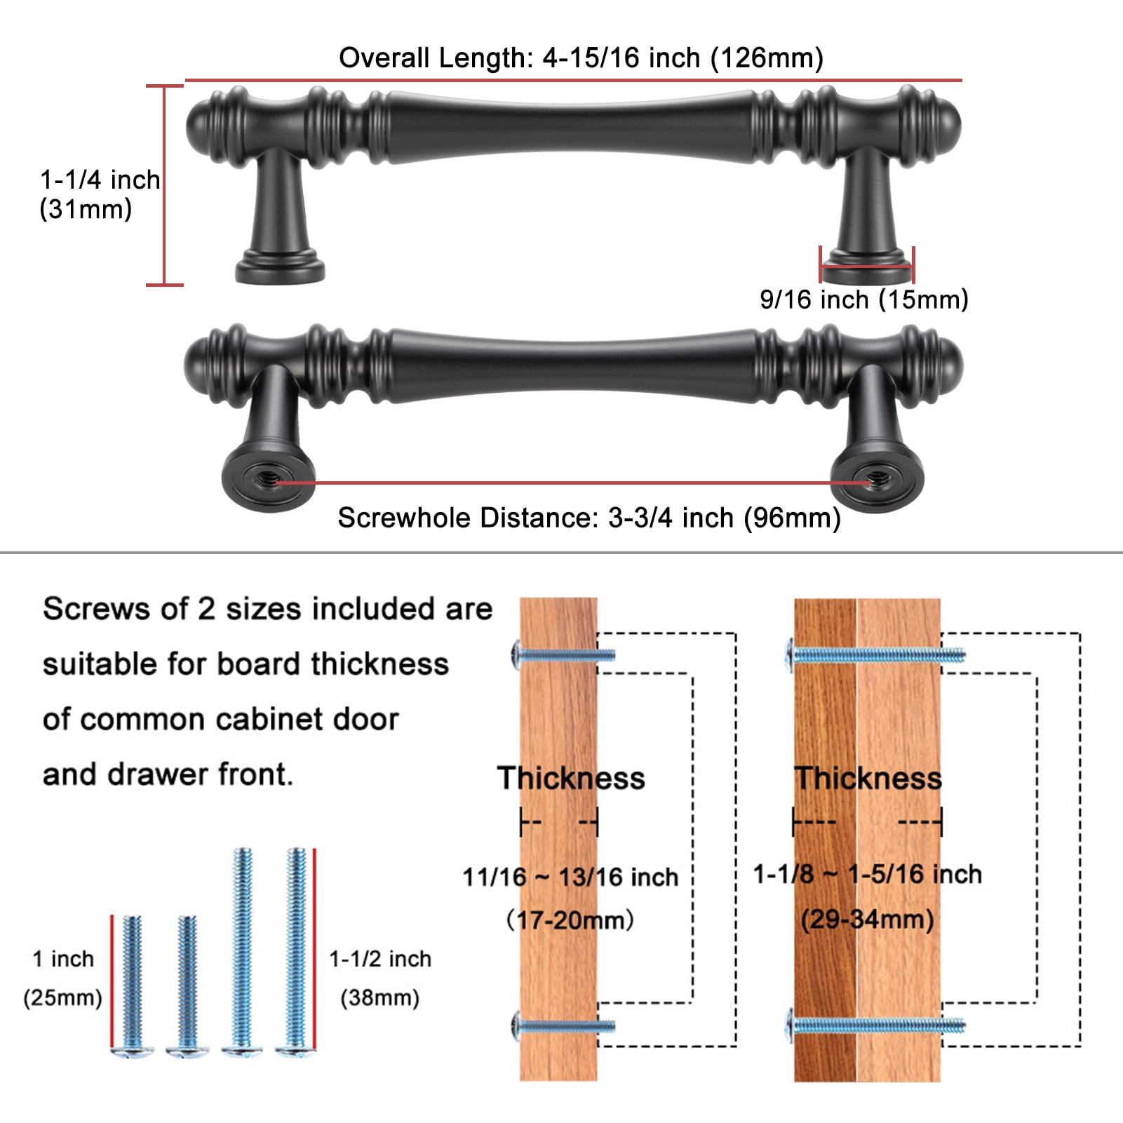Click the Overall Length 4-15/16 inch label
pos(581,58)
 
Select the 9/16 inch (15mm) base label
pos(864,300)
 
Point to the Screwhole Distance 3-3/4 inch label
pos(589,518)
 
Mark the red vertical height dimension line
pos(164,185)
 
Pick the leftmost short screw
pos(132,985)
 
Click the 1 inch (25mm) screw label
pos(63,978)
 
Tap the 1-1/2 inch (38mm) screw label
pos(380,978)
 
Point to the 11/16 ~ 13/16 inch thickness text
pos(570,877)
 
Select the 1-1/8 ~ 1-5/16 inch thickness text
pos(868,874)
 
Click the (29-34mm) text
pos(868,919)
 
